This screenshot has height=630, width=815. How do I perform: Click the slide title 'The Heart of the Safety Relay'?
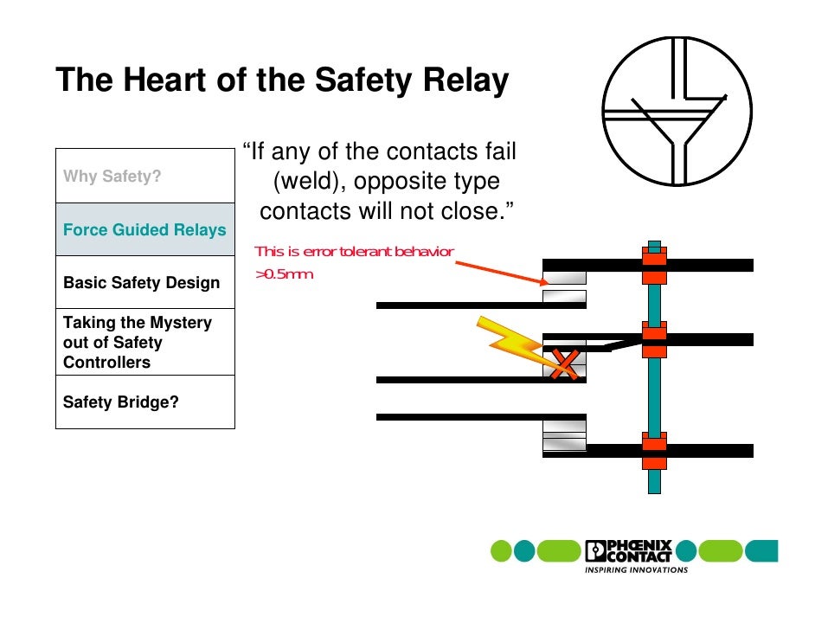[x=282, y=80]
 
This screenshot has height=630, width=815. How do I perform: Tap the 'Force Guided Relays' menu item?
[x=144, y=230]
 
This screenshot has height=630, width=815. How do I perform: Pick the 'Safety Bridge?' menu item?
[x=121, y=402]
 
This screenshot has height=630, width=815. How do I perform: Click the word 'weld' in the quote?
[x=311, y=183]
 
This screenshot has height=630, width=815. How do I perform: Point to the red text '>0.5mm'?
[x=284, y=274]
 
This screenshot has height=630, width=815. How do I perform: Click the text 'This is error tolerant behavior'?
[x=354, y=252]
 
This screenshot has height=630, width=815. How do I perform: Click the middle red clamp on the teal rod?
[x=654, y=340]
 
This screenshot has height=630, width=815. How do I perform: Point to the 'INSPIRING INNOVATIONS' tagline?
[x=637, y=570]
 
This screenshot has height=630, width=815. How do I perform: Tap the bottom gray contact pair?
[x=564, y=437]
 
